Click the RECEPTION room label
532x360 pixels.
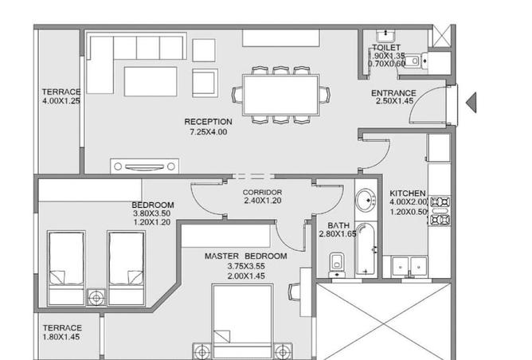208,122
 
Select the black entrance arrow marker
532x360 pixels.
471,101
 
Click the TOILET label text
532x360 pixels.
387,48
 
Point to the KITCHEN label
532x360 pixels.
407,194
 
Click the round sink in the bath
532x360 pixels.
366,198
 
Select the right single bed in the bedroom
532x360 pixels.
126,259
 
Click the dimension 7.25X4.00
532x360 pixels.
208,131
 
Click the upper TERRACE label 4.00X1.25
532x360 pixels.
61,96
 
